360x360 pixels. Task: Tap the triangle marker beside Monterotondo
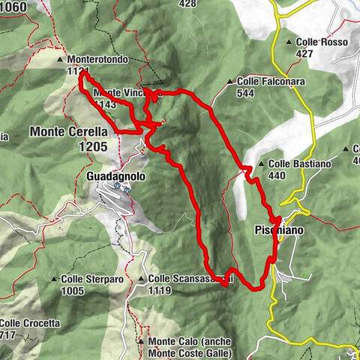(x=60, y=58)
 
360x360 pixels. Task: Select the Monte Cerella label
(x=69, y=131)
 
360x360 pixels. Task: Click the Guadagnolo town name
(x=115, y=176)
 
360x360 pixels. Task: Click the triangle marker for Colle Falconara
(x=230, y=81)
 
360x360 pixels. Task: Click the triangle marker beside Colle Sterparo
(x=54, y=279)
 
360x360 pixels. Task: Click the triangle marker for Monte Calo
(x=141, y=341)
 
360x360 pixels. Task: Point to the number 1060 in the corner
(x=13, y=7)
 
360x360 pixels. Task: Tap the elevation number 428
(x=187, y=4)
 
